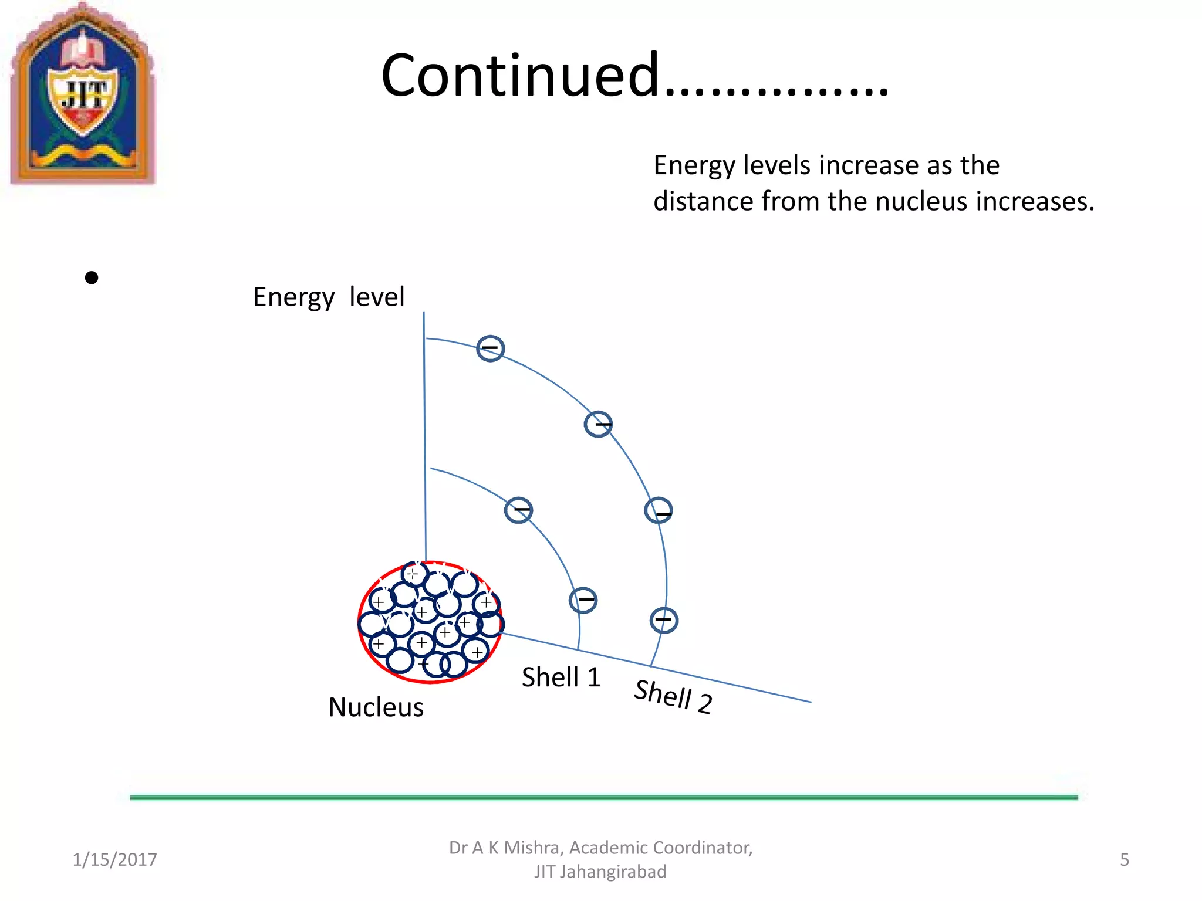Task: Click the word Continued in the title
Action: [521, 76]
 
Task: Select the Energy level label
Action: [329, 297]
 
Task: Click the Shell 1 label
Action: [561, 678]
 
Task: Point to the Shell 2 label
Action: [673, 696]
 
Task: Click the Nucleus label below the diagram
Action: [376, 707]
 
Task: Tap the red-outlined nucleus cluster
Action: [430, 622]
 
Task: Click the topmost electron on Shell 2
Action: [490, 348]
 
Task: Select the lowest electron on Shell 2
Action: [664, 620]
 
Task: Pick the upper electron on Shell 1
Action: [519, 510]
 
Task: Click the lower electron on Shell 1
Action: [583, 600]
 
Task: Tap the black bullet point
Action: [92, 277]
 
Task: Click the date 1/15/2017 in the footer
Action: [114, 859]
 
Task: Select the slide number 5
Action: [1124, 859]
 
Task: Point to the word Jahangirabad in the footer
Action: [613, 872]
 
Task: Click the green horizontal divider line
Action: [603, 797]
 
